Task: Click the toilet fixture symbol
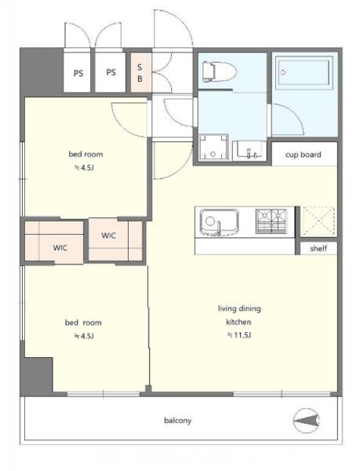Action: (x=220, y=71)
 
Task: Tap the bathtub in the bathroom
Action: (x=304, y=72)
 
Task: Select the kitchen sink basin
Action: (x=220, y=222)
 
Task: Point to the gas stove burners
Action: (x=271, y=221)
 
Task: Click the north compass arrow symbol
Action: (x=307, y=420)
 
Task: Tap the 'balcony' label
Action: (x=177, y=420)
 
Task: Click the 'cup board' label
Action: (x=303, y=155)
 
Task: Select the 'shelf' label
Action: (x=318, y=248)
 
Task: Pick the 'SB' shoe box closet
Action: (x=140, y=73)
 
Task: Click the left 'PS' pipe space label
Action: (x=78, y=73)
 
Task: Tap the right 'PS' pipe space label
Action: (x=111, y=72)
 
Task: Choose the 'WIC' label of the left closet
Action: (x=60, y=248)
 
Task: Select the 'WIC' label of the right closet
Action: (x=108, y=235)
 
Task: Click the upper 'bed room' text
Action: (x=85, y=154)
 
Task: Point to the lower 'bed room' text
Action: (x=83, y=323)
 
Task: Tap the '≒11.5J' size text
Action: (x=238, y=335)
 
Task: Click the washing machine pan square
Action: (x=213, y=148)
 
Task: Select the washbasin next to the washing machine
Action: (x=249, y=149)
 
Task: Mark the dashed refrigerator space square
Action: (x=318, y=221)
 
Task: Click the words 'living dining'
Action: (x=239, y=309)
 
